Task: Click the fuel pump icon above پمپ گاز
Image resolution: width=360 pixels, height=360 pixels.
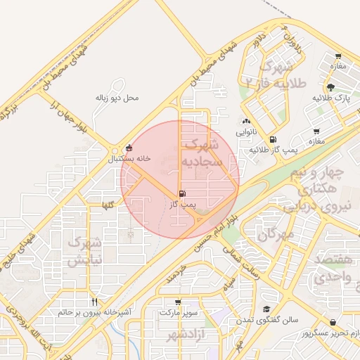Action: coord(183,193)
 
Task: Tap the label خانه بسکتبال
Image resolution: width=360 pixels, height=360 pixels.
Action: coord(129,159)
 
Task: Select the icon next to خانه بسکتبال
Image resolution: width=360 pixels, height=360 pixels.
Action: coord(128,148)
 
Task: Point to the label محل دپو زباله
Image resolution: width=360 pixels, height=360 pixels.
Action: coord(117,98)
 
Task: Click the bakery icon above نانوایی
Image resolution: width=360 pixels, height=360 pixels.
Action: coord(246,121)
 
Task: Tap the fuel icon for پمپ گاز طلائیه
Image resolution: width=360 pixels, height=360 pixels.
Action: coord(273,139)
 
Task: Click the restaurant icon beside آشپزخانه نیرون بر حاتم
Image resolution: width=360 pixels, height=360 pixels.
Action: coord(94,302)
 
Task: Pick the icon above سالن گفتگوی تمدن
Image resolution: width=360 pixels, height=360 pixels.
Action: coord(266,309)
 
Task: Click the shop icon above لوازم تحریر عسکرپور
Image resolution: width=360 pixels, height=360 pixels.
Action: coord(332,323)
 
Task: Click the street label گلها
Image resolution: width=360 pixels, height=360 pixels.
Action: coord(108,204)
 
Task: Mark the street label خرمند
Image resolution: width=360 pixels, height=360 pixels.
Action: coord(175,275)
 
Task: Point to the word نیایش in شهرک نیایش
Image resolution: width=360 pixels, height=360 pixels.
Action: coord(84,259)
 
